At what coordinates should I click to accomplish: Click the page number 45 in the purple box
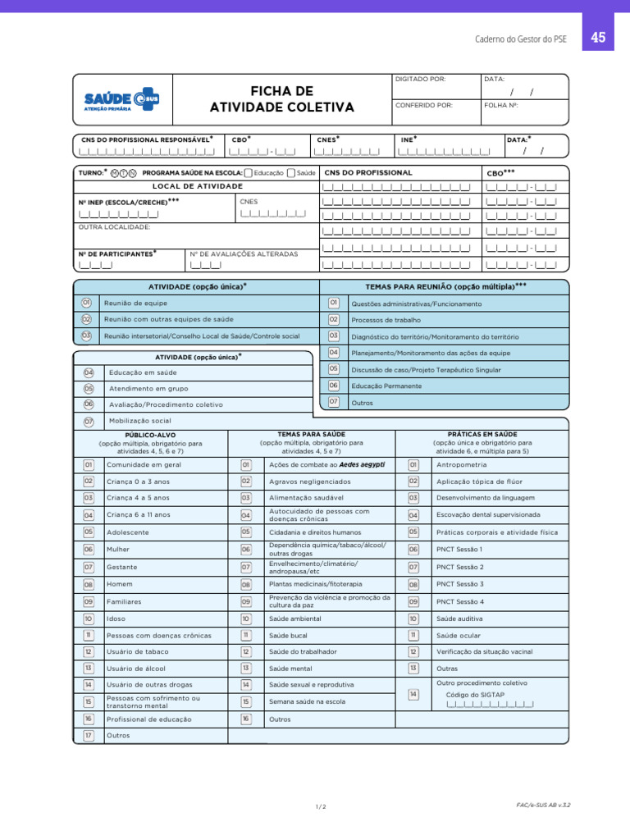(x=598, y=38)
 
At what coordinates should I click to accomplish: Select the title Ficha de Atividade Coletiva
(x=282, y=98)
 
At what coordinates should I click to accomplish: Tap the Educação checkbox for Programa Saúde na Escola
(x=249, y=173)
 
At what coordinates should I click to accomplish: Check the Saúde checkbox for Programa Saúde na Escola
(x=290, y=173)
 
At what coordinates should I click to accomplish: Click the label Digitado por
(x=421, y=80)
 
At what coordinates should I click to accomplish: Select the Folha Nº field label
(x=501, y=105)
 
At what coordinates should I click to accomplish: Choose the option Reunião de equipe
(x=135, y=304)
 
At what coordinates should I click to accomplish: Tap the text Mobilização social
(x=140, y=421)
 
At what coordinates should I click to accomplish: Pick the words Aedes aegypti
(x=362, y=464)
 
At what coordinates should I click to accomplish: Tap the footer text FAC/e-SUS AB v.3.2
(x=543, y=806)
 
